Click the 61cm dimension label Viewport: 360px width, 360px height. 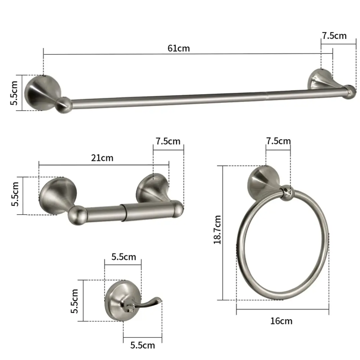coord(179,49)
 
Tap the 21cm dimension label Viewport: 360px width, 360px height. coord(102,158)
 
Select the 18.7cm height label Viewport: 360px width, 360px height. coord(217,230)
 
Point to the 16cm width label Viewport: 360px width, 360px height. coord(281,321)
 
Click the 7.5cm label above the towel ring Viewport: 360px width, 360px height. coord(278,141)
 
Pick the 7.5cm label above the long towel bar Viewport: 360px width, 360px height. coord(334,36)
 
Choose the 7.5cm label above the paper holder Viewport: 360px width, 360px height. coord(168,141)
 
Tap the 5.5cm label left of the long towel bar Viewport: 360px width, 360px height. coord(14,93)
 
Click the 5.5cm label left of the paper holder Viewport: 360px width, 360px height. coord(15,194)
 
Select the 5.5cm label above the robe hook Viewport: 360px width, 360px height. coord(124,257)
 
